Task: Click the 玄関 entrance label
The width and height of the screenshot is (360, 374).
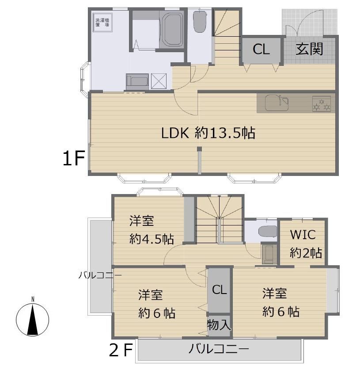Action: [309, 49]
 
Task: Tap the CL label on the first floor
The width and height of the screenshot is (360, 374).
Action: [261, 50]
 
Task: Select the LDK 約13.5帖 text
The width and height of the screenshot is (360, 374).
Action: [208, 133]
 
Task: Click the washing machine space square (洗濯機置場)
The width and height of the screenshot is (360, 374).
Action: [102, 22]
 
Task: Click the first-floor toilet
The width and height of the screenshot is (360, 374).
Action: [200, 22]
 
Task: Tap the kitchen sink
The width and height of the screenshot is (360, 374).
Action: [277, 103]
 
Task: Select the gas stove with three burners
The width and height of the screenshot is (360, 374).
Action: [322, 104]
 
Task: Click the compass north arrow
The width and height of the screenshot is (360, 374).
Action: [33, 320]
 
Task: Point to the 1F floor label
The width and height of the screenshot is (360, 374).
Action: [74, 159]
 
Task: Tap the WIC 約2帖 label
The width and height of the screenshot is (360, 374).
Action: [305, 244]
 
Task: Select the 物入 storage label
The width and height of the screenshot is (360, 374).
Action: [219, 324]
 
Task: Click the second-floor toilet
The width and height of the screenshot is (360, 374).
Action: [268, 231]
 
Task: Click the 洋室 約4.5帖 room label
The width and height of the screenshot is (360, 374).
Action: [152, 230]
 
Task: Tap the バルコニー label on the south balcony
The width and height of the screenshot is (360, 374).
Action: [219, 349]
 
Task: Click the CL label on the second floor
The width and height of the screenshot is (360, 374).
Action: [219, 290]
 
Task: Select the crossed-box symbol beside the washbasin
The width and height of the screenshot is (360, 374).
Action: [159, 81]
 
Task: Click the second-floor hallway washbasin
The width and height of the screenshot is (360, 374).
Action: [269, 254]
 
